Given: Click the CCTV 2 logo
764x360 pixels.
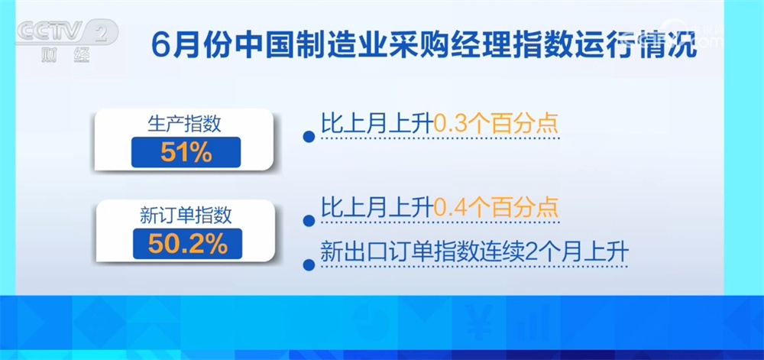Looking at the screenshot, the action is [x=68, y=32].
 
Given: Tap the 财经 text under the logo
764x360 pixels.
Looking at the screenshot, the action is [x=65, y=55].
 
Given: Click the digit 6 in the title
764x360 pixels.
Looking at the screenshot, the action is [x=160, y=44].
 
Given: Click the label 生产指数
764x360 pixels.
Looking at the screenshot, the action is [x=185, y=125].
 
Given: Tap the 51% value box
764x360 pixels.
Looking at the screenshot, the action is [x=186, y=152].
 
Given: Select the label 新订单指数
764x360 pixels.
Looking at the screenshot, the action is [x=186, y=216].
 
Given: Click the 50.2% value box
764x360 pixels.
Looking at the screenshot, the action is [x=188, y=244].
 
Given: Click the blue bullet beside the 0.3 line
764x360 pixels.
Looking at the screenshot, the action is [x=309, y=136].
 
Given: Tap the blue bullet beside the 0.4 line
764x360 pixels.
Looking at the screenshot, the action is [x=309, y=221].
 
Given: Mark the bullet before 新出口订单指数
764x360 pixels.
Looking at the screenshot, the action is [x=309, y=265].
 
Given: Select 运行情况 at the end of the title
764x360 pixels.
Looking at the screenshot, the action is [x=637, y=44].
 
